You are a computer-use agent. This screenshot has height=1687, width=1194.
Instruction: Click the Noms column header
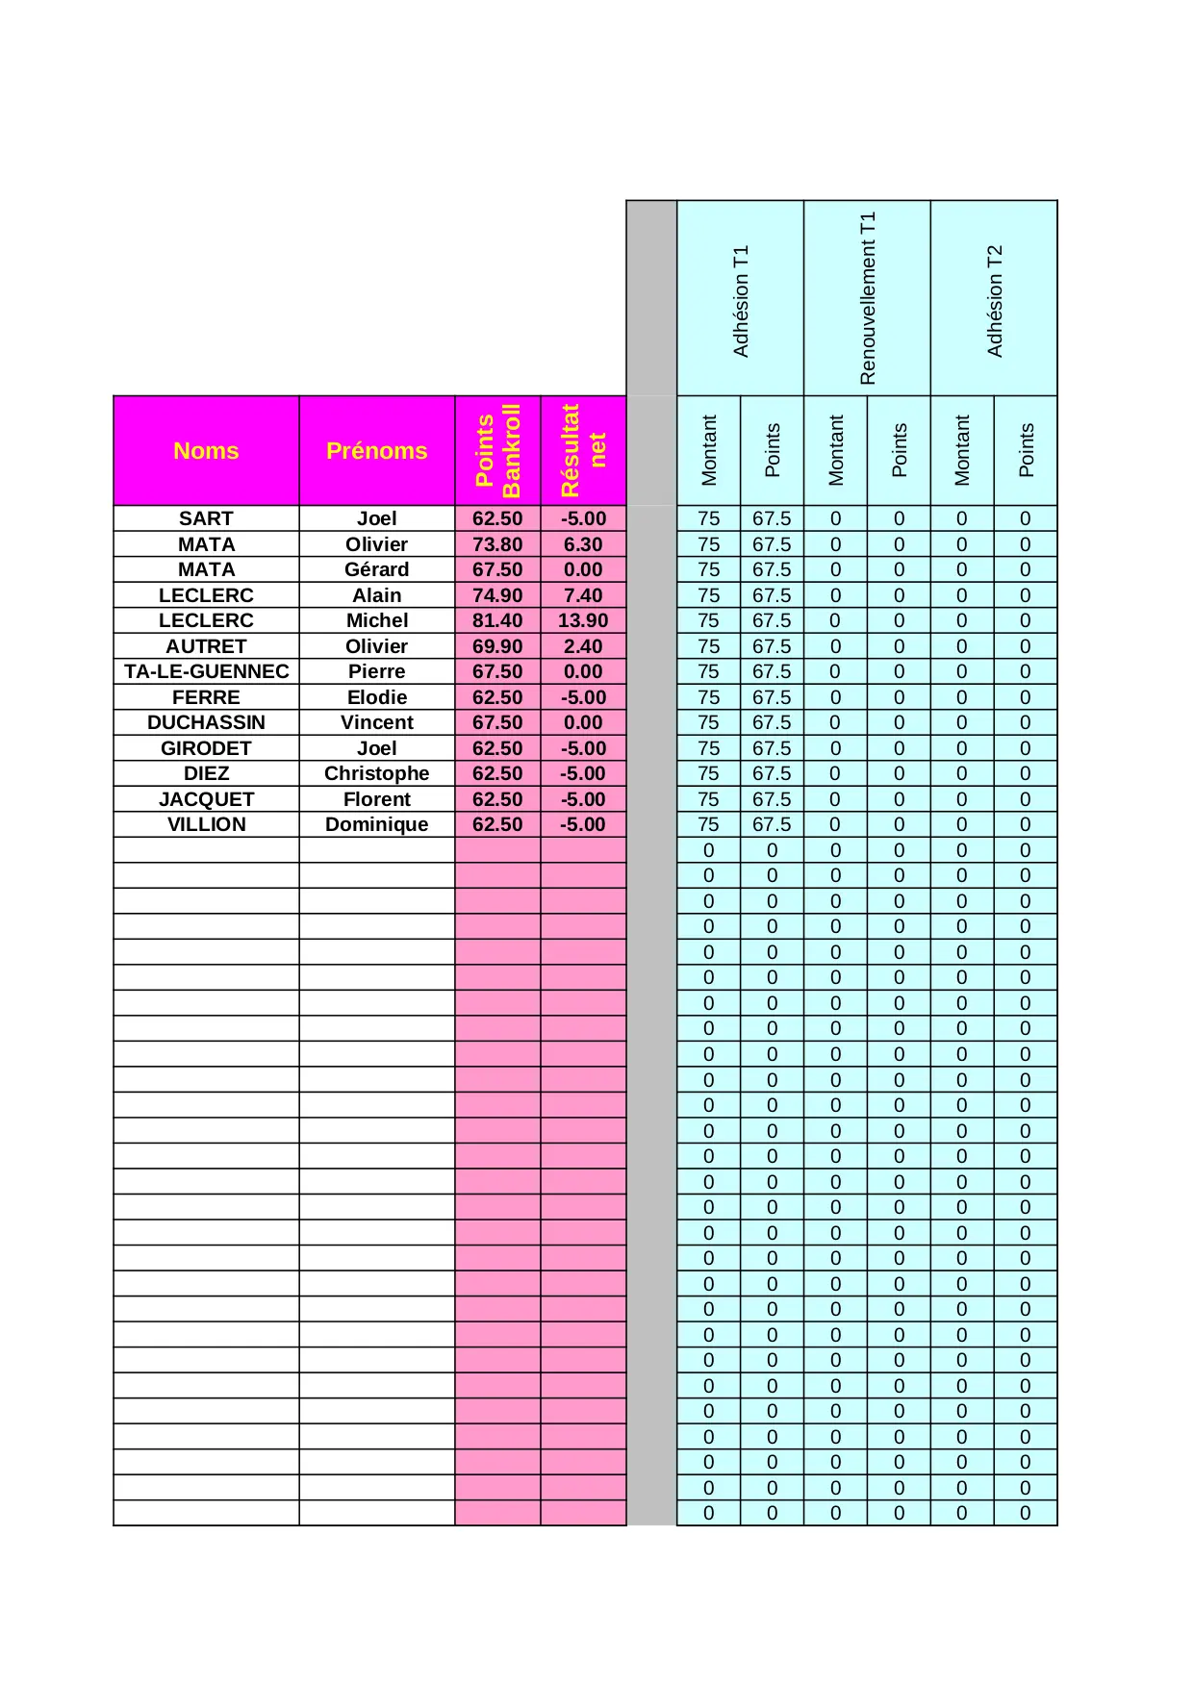click(206, 450)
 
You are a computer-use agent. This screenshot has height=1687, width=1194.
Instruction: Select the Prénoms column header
click(376, 450)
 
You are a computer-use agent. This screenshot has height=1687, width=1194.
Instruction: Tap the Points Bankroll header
click(497, 450)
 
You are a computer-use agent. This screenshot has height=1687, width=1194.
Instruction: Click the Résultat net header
click(583, 450)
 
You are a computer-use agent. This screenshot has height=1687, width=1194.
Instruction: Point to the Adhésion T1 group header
click(740, 300)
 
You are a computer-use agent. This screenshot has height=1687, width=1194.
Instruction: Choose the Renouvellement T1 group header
click(867, 298)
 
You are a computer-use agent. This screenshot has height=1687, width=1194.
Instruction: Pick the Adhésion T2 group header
click(994, 300)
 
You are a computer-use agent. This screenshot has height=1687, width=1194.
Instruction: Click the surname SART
click(206, 518)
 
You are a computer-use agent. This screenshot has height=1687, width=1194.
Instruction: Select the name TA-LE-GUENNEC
click(206, 671)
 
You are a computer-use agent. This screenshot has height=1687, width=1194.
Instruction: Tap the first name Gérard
click(376, 569)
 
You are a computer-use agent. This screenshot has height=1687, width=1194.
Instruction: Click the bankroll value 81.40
click(497, 620)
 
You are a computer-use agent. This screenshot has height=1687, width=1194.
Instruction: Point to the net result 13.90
click(583, 620)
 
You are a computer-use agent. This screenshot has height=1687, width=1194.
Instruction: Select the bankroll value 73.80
click(497, 544)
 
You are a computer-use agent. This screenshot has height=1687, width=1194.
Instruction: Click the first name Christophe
click(376, 773)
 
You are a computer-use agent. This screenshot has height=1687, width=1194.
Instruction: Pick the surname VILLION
click(206, 824)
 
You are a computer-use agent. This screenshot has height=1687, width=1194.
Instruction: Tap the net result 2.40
click(583, 646)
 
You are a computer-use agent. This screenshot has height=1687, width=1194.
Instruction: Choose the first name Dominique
click(376, 824)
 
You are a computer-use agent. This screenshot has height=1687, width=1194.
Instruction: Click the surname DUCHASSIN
click(206, 722)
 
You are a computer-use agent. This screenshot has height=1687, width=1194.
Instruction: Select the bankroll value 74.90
click(497, 595)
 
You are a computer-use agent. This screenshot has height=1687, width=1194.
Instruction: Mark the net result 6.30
click(583, 544)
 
